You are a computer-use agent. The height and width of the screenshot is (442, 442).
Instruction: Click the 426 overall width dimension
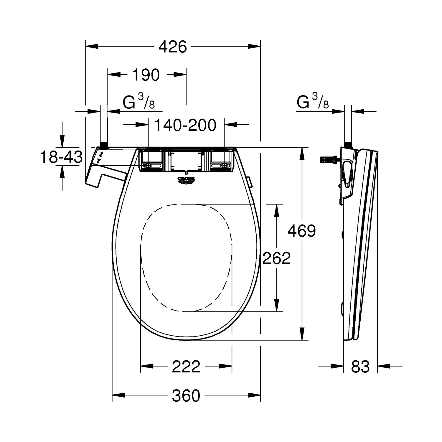point(173,47)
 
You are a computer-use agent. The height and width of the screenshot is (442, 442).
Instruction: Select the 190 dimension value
point(146,75)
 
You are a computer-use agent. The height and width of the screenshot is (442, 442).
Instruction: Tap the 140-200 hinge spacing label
point(185,125)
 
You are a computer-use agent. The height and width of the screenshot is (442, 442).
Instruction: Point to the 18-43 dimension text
point(61,157)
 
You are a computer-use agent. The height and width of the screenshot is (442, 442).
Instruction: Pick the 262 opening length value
point(276,258)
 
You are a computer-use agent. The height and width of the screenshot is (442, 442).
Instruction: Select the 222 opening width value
point(186,366)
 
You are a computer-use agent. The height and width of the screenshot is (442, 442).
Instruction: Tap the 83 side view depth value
point(360,366)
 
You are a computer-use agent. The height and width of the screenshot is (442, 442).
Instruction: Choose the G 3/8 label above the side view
point(312,102)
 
